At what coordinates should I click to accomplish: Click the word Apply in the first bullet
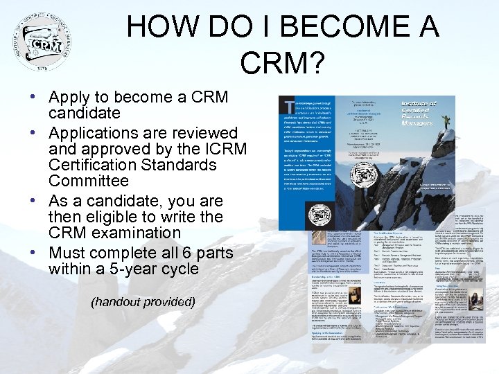click(72, 98)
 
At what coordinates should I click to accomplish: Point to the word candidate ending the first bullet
click(84, 114)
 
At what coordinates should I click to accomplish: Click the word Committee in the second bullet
click(89, 181)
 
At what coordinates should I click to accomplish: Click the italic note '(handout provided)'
click(143, 303)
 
